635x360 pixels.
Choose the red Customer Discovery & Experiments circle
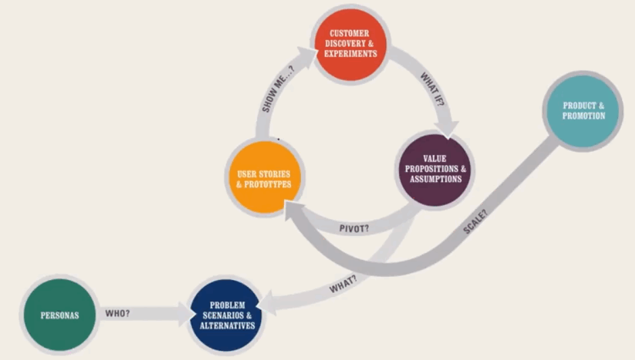(350, 43)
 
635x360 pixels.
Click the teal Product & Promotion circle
(583, 110)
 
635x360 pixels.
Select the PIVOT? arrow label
(354, 227)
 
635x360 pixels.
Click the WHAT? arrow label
(343, 285)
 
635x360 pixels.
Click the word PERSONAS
(60, 315)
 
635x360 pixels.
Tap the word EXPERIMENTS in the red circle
(350, 53)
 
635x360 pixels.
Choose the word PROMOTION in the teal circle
(584, 116)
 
